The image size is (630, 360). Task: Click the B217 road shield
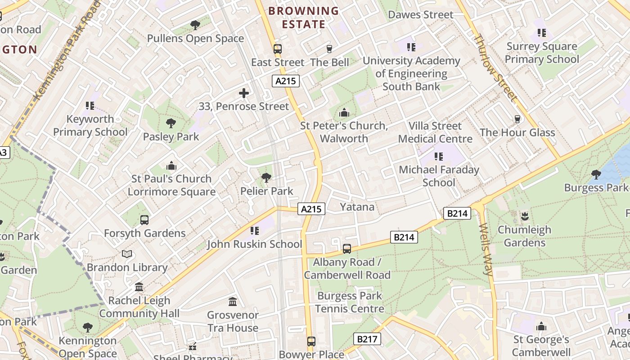[367, 339]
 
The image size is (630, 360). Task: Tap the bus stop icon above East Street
[278, 49]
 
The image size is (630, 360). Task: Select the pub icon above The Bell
[329, 49]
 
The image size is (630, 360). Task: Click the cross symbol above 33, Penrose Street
[244, 93]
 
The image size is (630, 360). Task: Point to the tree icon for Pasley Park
[171, 123]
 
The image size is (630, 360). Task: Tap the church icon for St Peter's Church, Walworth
[344, 112]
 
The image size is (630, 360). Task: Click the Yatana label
[357, 207]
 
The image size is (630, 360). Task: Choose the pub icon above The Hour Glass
[517, 119]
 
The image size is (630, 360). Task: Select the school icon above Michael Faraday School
[439, 157]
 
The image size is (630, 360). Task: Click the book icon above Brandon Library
[127, 254]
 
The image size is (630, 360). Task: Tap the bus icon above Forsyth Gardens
[144, 220]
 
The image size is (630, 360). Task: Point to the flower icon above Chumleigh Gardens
[524, 216]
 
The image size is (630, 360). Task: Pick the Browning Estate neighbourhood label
[304, 18]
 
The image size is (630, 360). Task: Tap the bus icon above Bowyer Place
[311, 341]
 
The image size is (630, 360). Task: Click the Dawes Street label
[421, 15]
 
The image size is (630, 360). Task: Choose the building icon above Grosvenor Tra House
[233, 301]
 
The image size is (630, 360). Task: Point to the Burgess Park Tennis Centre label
[349, 302]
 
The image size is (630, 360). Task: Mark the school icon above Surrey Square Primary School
[542, 33]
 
